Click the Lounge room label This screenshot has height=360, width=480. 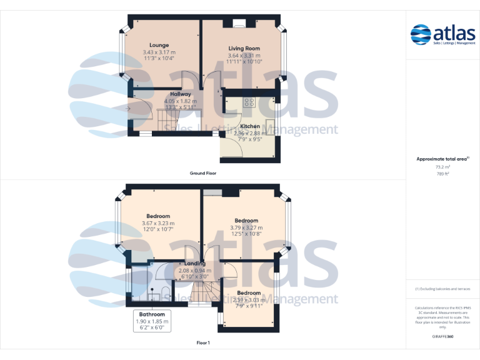pyautogui.click(x=159, y=45)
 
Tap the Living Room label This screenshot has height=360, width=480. pyautogui.click(x=244, y=48)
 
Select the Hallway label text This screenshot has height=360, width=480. pyautogui.click(x=181, y=94)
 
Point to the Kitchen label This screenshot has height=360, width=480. pyautogui.click(x=249, y=126)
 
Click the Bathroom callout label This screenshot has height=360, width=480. pyautogui.click(x=152, y=314)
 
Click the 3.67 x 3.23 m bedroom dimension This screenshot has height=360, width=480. pyautogui.click(x=158, y=223)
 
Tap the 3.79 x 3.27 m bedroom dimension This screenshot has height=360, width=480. pyautogui.click(x=246, y=227)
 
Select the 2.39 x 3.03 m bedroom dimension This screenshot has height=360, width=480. pyautogui.click(x=249, y=300)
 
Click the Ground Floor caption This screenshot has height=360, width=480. pyautogui.click(x=204, y=172)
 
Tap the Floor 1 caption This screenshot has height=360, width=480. pyautogui.click(x=203, y=342)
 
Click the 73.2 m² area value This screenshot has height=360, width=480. pyautogui.click(x=442, y=167)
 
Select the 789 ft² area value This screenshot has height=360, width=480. pyautogui.click(x=442, y=174)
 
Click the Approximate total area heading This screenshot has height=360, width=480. pyautogui.click(x=442, y=159)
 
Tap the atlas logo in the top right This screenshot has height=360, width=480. pyautogui.click(x=443, y=34)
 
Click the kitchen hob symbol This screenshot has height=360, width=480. pyautogui.click(x=248, y=102)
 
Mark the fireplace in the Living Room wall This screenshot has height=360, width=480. pyautogui.click(x=239, y=24)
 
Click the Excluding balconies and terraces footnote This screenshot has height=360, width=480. pyautogui.click(x=442, y=289)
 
